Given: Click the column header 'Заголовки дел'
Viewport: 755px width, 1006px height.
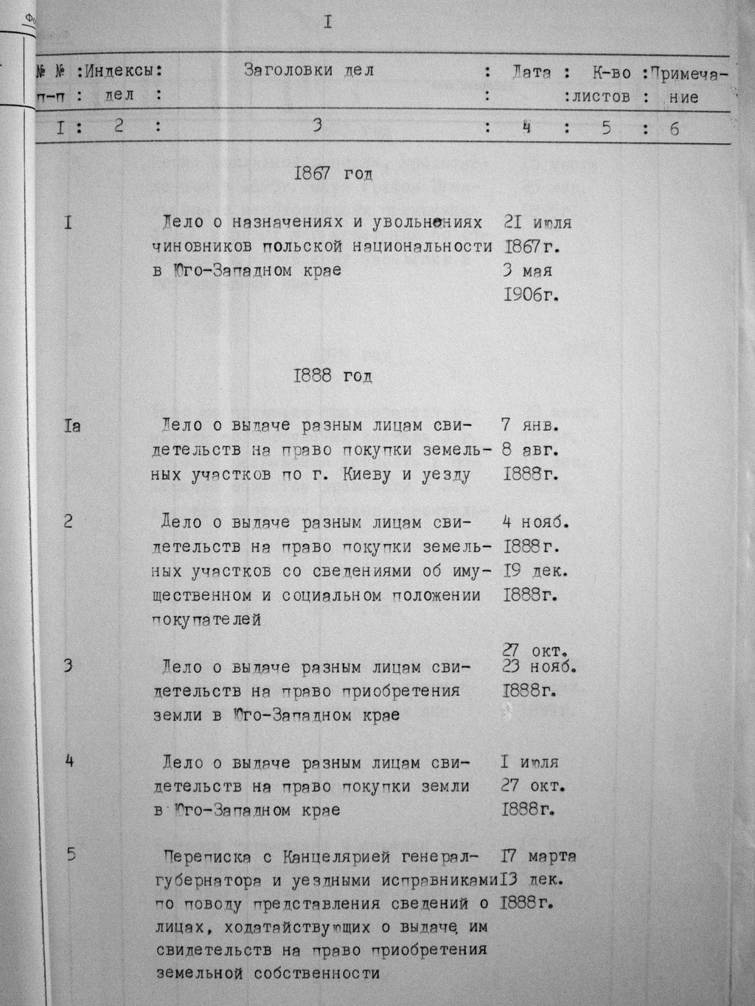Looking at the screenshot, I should coord(309,71).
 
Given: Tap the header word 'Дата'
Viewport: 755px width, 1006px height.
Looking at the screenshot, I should coord(531,72).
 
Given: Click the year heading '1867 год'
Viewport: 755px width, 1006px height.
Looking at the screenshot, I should coord(333,175).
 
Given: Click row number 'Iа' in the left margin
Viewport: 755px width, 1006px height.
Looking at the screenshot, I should coord(72,425).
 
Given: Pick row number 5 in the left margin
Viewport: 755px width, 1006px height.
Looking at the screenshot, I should coord(71,855).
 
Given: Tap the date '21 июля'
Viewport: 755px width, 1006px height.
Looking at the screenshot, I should coord(537,222).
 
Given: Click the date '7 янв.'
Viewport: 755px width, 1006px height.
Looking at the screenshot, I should coord(530,425).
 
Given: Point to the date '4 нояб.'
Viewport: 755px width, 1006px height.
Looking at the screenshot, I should coord(536,523).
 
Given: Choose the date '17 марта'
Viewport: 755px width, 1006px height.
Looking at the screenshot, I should coord(538,856).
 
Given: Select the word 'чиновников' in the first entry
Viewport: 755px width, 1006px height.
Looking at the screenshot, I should coord(202,246).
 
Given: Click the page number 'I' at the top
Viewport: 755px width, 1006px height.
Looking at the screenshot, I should coord(327,23).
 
